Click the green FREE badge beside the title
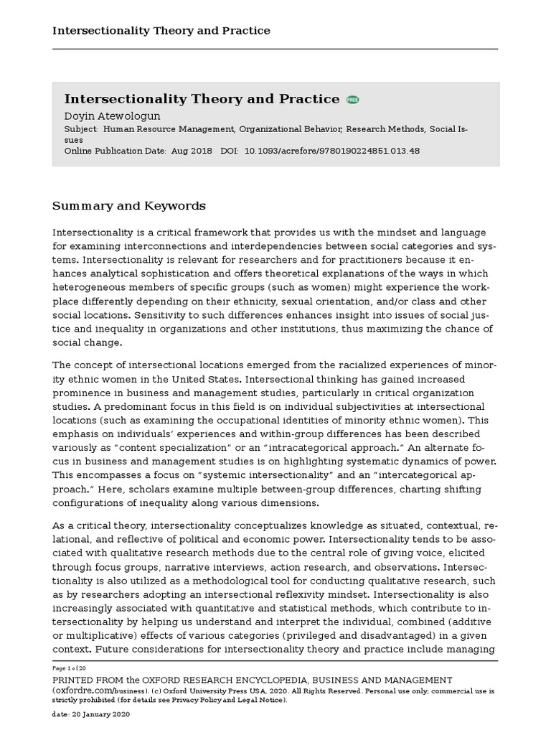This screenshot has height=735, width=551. pos(352,100)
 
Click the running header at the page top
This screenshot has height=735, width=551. pos(161,31)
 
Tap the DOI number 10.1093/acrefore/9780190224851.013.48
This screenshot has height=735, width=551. pos(332,151)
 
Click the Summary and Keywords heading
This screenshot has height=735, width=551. pos(129,206)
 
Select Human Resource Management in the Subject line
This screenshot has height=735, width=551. pos(169,129)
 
